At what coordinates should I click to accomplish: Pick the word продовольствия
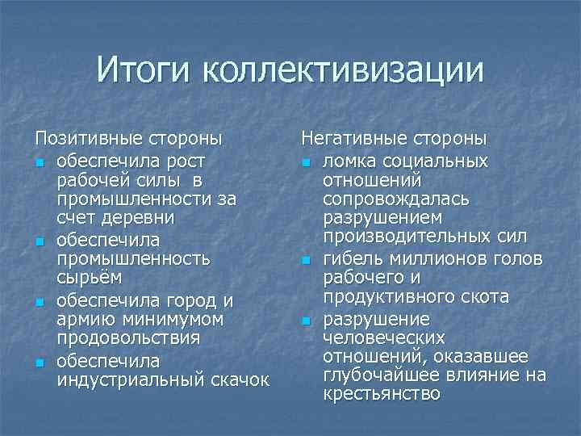pyautogui.click(x=133, y=338)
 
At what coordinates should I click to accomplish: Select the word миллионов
pyautogui.click(x=431, y=259)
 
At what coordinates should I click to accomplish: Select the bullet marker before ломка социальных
pyautogui.click(x=307, y=161)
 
